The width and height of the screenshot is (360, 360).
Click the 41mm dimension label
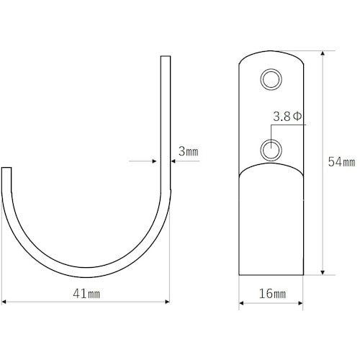tap(86, 294)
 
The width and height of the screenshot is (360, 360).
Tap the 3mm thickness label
tap(189, 151)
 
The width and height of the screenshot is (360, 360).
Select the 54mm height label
tap(341, 162)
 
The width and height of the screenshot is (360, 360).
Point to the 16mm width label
tap(272, 294)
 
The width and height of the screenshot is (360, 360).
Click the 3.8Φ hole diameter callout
tap(287, 117)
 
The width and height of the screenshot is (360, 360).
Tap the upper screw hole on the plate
tap(271, 79)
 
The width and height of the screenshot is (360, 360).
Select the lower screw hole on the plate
tap(271, 150)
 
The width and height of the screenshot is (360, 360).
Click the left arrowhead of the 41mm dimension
tap(4, 302)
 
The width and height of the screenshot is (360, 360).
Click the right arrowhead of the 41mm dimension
tap(168, 302)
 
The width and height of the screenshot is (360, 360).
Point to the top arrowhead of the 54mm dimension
tap(323, 53)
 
